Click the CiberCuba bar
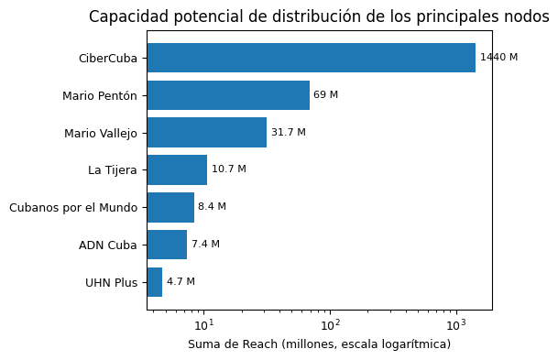[312, 58]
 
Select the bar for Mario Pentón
[228, 95]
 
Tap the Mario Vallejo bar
[207, 132]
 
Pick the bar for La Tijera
[177, 169]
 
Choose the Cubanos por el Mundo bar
[170, 207]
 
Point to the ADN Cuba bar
[167, 245]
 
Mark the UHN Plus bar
[155, 282]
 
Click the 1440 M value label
[499, 58]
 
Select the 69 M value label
[325, 94]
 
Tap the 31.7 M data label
[289, 132]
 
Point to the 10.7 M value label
[229, 169]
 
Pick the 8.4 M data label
[212, 206]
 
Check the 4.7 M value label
[181, 282]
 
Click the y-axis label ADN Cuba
[108, 245]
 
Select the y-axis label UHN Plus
[112, 283]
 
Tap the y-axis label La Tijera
[113, 170]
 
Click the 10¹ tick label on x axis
[204, 325]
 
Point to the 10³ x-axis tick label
[456, 325]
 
